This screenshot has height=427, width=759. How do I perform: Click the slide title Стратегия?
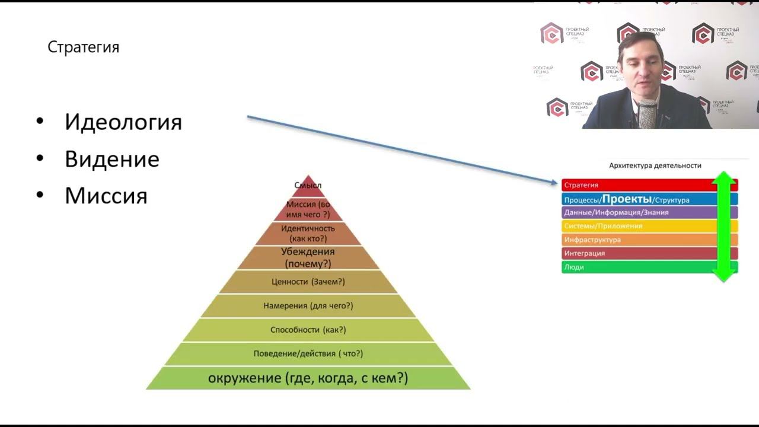(84, 47)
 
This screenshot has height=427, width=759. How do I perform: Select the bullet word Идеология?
(123, 122)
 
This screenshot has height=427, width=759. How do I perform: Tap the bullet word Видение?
(112, 159)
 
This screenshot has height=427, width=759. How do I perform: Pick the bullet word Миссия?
(106, 196)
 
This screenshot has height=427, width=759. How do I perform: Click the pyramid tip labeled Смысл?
(308, 186)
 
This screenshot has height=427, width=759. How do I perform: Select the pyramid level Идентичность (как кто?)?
(308, 233)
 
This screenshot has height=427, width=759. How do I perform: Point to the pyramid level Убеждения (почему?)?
(308, 258)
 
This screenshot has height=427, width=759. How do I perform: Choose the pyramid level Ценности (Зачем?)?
(308, 282)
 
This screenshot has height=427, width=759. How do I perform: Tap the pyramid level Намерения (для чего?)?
(308, 306)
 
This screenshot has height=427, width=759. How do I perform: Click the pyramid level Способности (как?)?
(308, 330)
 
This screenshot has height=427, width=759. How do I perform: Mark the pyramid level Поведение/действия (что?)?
(308, 354)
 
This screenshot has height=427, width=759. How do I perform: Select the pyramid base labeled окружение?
(308, 378)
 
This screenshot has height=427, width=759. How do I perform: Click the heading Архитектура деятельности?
(655, 165)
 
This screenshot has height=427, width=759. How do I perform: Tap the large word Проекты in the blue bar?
(627, 199)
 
